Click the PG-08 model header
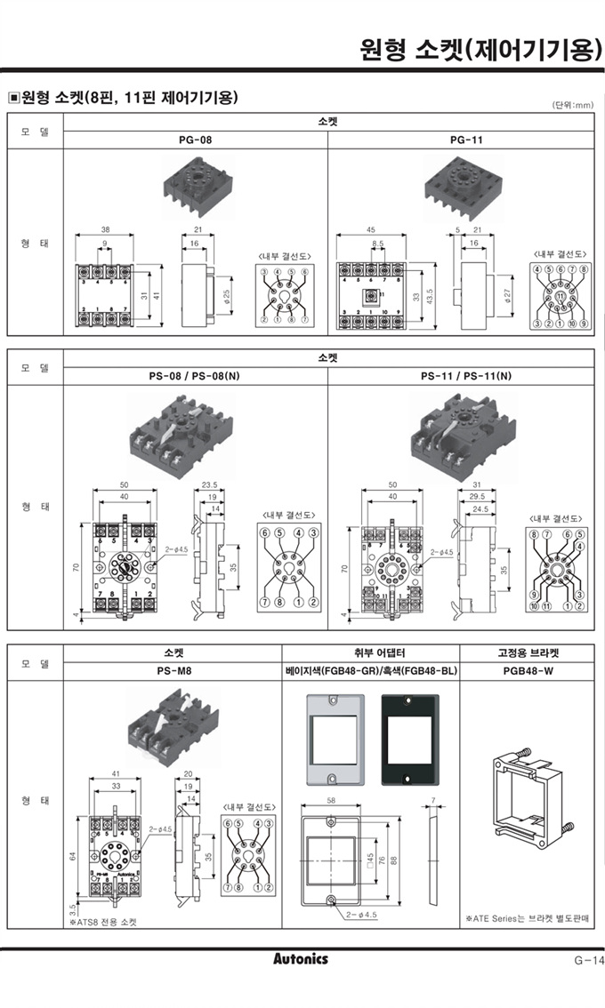tap(195, 140)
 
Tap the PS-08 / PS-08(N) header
tap(194, 375)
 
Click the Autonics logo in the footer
tap(300, 959)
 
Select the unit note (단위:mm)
tap(572, 105)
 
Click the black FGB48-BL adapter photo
tap(409, 740)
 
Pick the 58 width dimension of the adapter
tap(331, 802)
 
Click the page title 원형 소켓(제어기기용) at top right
tap(479, 47)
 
